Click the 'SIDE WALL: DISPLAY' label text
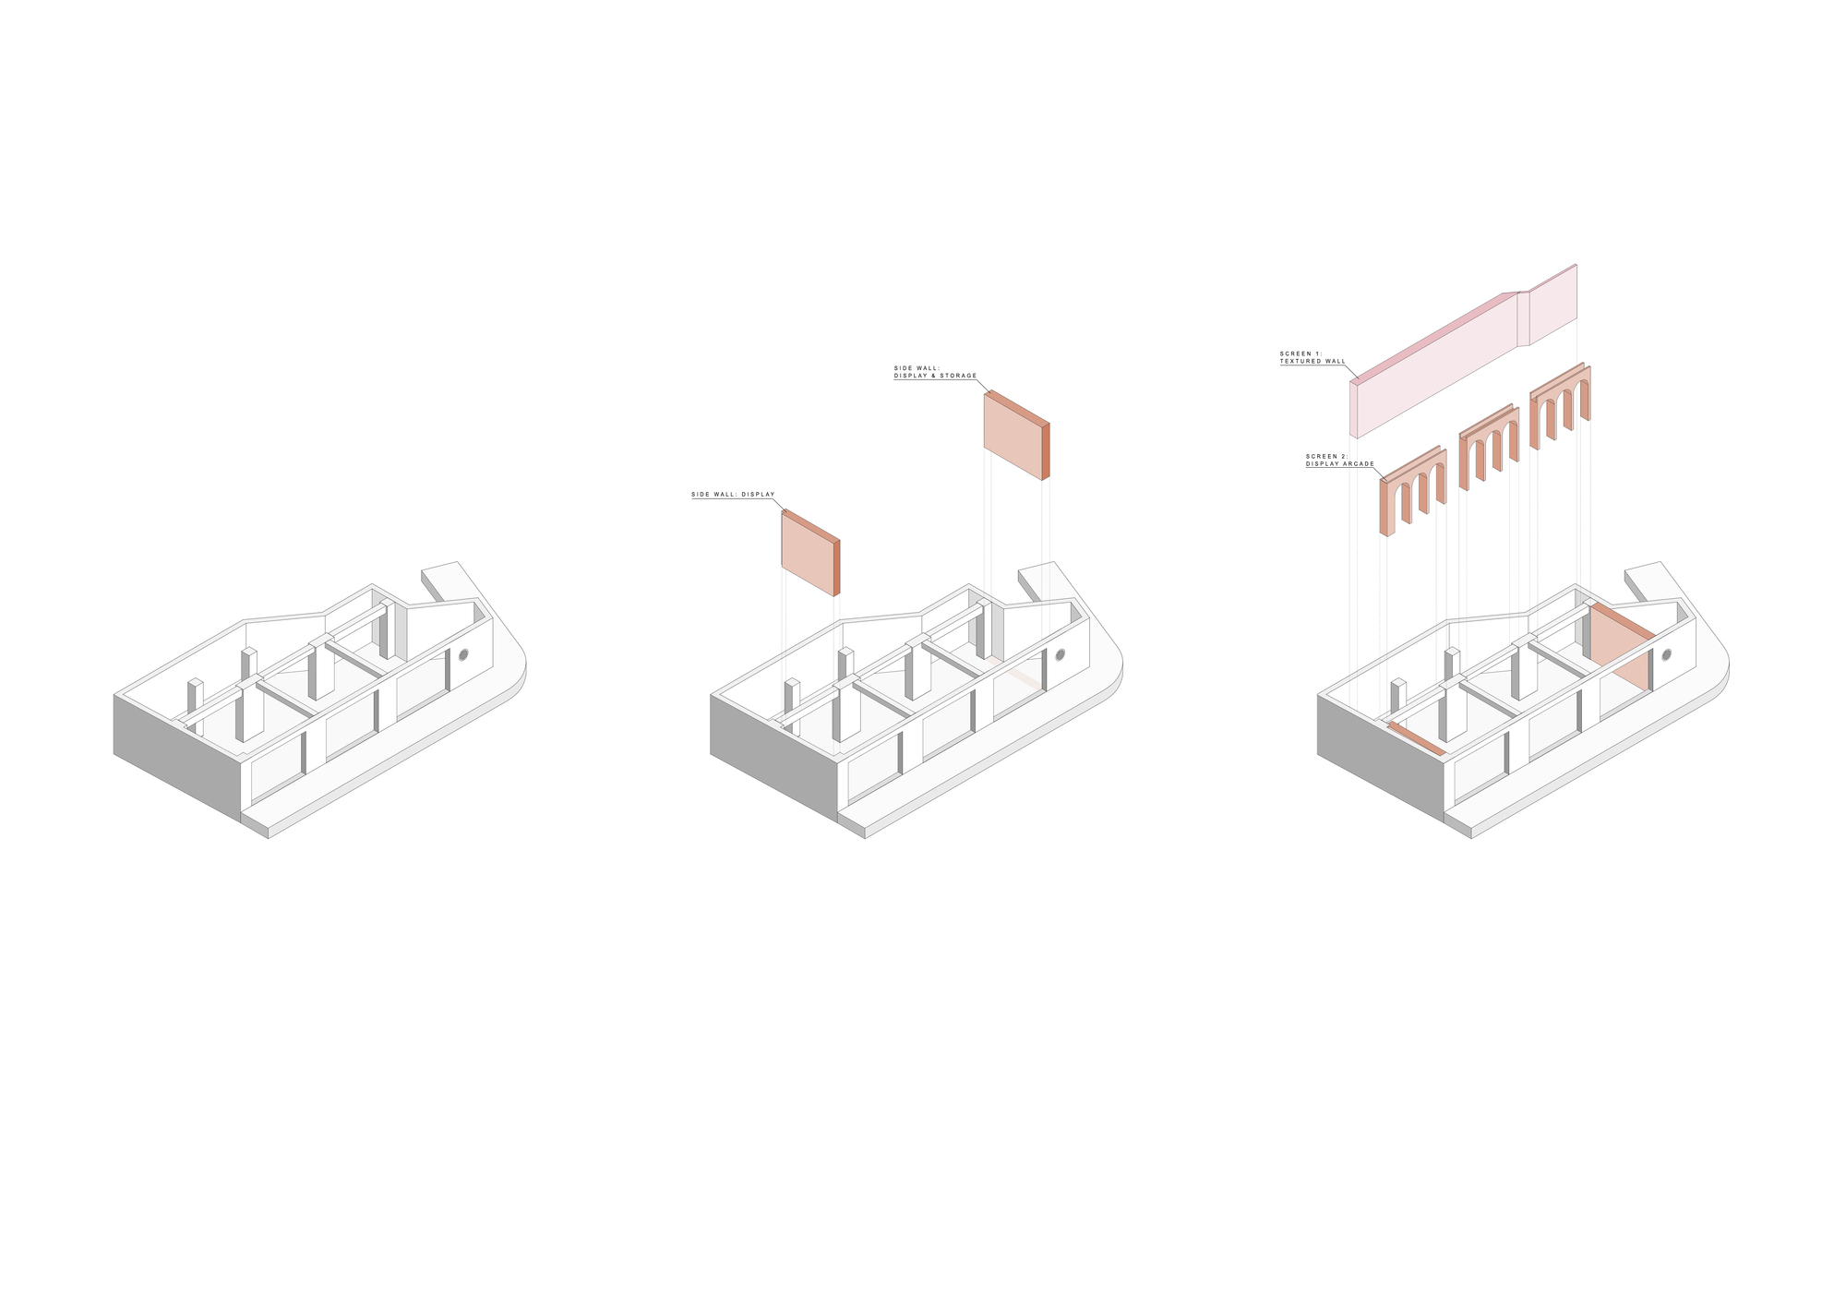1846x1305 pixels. click(x=733, y=495)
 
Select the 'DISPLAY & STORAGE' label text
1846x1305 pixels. click(x=935, y=376)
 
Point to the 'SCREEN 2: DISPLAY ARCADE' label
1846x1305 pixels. click(x=1340, y=461)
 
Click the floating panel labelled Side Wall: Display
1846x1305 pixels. click(x=810, y=552)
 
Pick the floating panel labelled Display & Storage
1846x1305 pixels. click(x=1016, y=436)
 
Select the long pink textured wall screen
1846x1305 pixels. click(x=1463, y=351)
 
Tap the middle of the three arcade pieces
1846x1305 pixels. click(x=1488, y=447)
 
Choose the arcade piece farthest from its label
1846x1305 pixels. click(x=1560, y=405)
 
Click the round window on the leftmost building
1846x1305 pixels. click(x=463, y=655)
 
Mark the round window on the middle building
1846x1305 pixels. click(x=1061, y=655)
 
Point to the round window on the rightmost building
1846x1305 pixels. click(x=1667, y=655)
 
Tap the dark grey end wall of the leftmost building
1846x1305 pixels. click(x=177, y=756)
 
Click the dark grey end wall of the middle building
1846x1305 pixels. click(x=774, y=756)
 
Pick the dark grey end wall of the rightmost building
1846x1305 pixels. click(x=1381, y=756)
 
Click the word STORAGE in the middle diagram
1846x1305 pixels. click(x=960, y=376)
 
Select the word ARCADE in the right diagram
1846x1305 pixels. click(x=1360, y=464)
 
